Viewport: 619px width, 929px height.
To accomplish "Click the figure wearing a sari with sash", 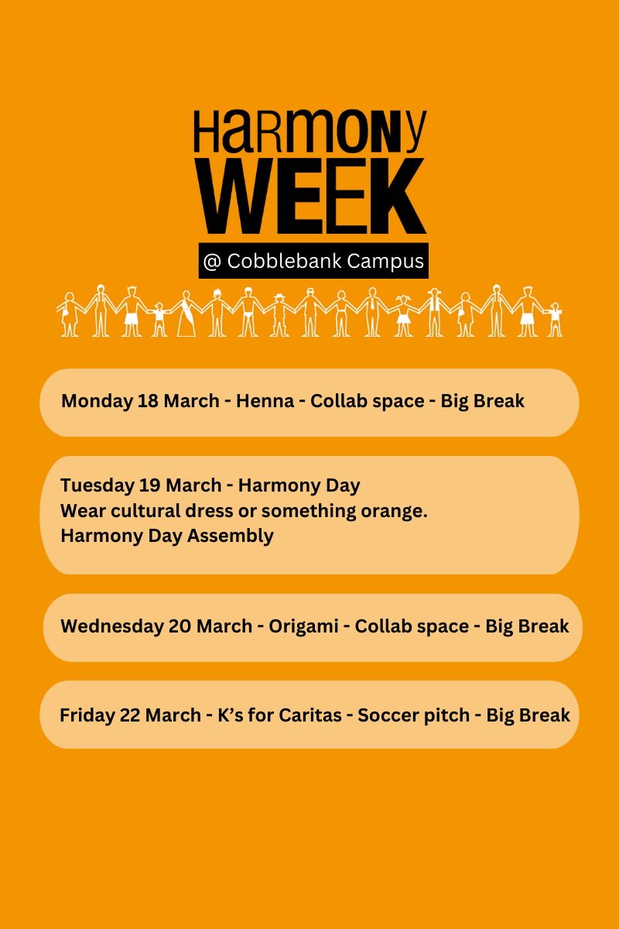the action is click(186, 313).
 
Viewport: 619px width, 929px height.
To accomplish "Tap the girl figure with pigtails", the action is click(403, 315).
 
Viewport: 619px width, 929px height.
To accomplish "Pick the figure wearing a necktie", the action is click(372, 312).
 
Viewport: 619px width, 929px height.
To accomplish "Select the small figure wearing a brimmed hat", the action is click(279, 315).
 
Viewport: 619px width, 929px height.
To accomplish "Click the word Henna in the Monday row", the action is click(265, 401).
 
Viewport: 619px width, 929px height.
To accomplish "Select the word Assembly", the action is click(231, 536).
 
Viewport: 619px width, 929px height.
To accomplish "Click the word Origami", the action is click(303, 626).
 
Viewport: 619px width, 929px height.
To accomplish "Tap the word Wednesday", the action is click(111, 626).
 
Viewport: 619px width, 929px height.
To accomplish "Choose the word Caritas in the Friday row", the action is click(310, 715).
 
